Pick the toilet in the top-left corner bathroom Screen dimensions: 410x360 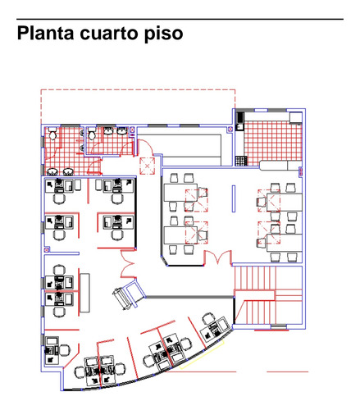pyautogui.click(x=52, y=134)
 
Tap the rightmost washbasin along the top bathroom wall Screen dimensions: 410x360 pyautogui.click(x=122, y=131)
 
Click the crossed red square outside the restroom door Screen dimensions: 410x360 pyautogui.click(x=148, y=166)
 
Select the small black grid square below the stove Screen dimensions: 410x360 pyautogui.click(x=239, y=160)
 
